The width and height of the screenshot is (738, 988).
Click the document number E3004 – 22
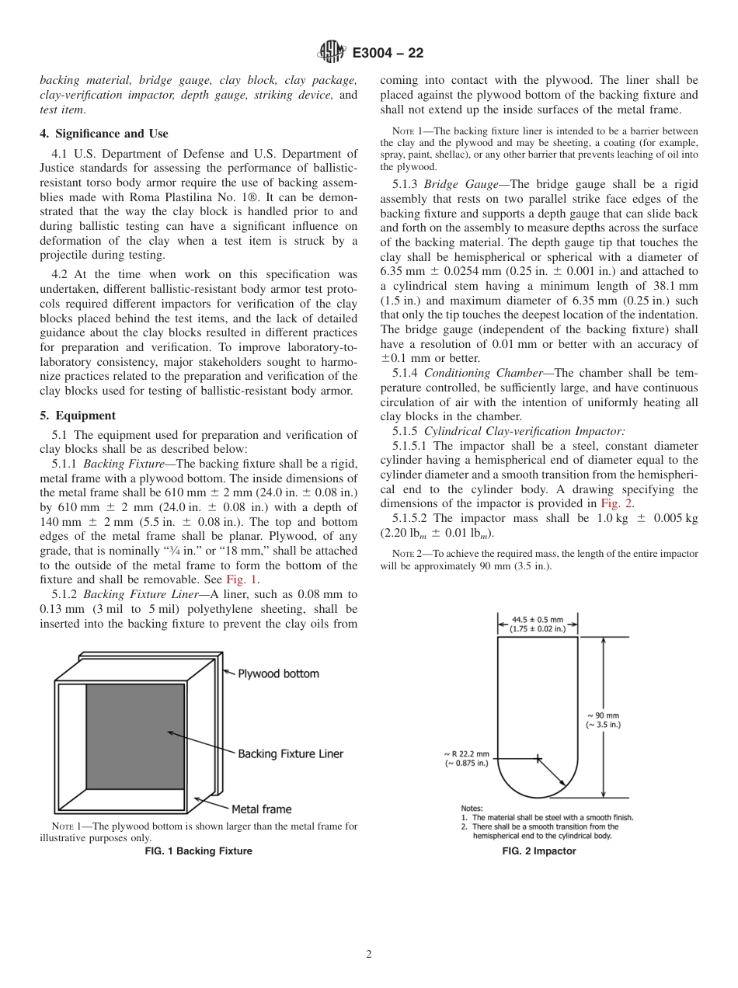(x=388, y=54)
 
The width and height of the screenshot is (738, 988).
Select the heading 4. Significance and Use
(x=104, y=134)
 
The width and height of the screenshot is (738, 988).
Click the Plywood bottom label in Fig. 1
(x=278, y=674)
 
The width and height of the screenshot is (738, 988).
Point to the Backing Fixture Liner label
(x=291, y=753)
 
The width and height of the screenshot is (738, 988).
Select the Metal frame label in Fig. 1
(x=262, y=809)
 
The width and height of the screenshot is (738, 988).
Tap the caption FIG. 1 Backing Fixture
(x=199, y=851)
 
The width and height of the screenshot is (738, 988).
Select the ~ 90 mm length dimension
(x=603, y=720)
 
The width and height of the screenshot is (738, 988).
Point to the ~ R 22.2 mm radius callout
(x=467, y=758)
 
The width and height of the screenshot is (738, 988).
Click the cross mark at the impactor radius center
(x=537, y=759)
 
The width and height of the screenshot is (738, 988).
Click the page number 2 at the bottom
(x=369, y=955)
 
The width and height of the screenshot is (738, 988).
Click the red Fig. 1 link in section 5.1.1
(x=242, y=579)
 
